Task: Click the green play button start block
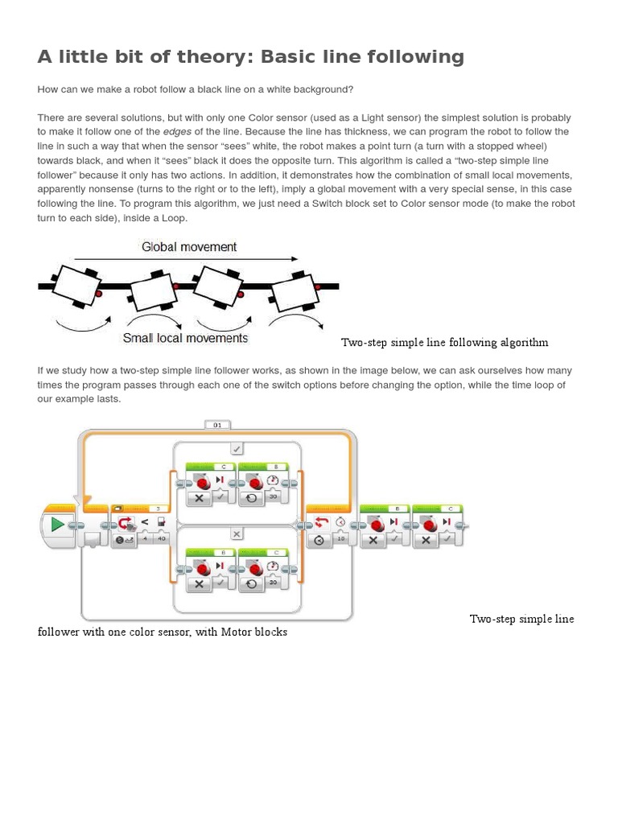coord(57,525)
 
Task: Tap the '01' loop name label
coord(217,424)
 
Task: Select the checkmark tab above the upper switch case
coord(237,448)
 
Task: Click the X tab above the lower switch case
coord(237,534)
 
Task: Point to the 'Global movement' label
coord(189,247)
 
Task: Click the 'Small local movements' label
coord(185,338)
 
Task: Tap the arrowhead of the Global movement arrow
coord(294,259)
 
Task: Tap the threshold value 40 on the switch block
coord(161,539)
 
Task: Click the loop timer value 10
coord(340,539)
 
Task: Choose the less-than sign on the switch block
coord(145,522)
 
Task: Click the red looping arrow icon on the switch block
coord(126,524)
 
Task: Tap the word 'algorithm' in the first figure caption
coord(524,343)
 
